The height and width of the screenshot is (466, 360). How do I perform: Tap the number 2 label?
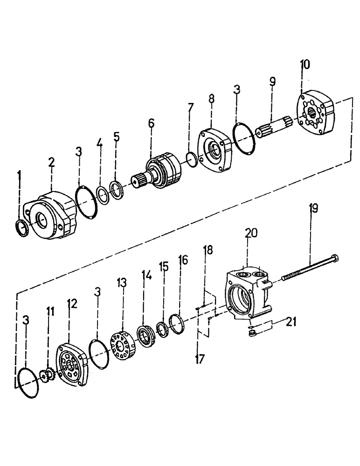pos(52,163)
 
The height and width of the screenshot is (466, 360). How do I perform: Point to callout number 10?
pos(304,64)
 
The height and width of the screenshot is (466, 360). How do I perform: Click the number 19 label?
pos(313,208)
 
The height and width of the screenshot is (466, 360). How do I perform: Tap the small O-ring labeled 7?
pos(191,159)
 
